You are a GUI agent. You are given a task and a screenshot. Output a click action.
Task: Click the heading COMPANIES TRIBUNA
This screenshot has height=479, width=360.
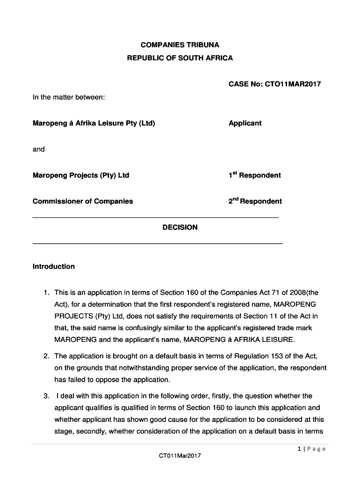[180, 45]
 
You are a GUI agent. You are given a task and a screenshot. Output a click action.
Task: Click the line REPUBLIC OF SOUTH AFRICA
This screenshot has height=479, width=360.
[180, 58]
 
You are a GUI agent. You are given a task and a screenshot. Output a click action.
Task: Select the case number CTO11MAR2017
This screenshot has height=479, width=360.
[293, 85]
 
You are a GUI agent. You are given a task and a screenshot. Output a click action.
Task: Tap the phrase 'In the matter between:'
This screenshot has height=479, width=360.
[69, 97]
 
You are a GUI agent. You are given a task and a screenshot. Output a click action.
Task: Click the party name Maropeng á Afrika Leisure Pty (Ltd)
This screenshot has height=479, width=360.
[94, 123]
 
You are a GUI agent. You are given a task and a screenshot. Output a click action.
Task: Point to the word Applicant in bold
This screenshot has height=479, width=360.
[245, 123]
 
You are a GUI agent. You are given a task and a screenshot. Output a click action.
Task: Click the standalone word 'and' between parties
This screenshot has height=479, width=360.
[39, 149]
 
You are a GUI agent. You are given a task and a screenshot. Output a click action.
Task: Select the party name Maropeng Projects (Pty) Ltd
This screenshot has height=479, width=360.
[81, 175]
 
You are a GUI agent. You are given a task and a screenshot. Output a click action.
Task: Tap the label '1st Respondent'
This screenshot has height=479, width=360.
[255, 175]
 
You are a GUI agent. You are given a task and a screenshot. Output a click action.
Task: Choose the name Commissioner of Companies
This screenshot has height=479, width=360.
[83, 202]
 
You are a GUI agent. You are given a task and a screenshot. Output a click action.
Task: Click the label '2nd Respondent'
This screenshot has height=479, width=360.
[255, 202]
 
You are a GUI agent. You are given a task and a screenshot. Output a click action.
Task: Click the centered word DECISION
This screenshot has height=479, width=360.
[180, 227]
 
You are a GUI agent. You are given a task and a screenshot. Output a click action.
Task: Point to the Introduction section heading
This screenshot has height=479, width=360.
[54, 267]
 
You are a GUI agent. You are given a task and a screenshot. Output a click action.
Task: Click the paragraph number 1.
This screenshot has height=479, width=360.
[46, 293]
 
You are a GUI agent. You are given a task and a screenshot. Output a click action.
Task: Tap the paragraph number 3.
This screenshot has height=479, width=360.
[46, 396]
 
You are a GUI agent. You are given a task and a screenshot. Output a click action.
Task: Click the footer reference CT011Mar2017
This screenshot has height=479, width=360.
[180, 456]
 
